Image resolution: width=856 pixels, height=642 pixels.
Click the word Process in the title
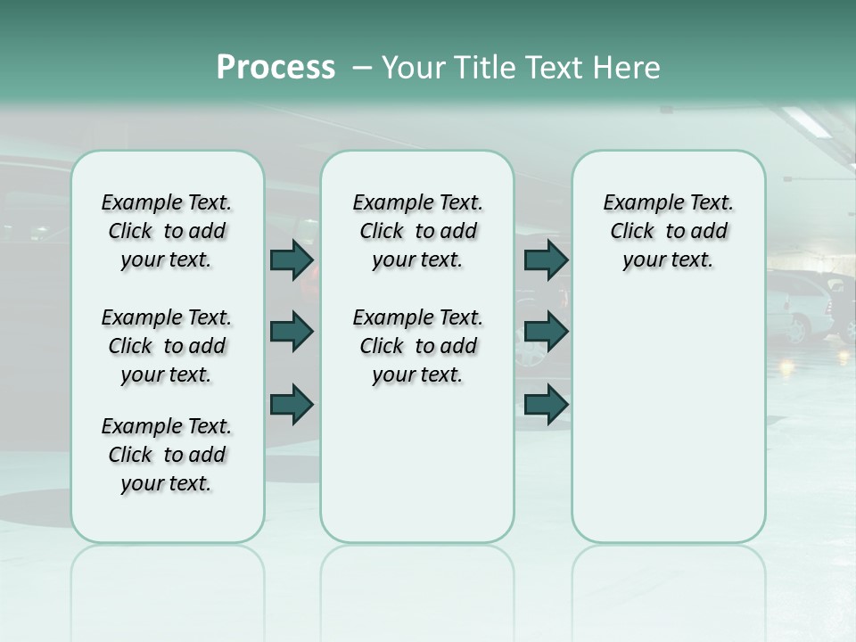276,68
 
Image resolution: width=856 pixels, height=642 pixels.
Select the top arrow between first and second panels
292,259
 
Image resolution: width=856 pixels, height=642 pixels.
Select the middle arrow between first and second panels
292,332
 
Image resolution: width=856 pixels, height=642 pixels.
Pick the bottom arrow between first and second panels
292,404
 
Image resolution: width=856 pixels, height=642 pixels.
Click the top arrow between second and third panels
546,259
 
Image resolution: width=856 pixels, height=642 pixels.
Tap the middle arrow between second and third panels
546,332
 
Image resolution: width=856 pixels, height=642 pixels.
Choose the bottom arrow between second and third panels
546,404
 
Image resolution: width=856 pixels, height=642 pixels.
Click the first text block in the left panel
166,231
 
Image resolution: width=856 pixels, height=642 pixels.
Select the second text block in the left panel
166,346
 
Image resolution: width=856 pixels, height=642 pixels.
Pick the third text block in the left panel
166,455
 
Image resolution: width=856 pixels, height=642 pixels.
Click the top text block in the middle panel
417,231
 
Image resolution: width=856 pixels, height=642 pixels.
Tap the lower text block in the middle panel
417,346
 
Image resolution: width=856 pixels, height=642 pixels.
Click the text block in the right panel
668,231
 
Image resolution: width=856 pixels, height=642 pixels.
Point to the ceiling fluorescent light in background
807,122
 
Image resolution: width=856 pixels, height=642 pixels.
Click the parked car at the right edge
807,308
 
